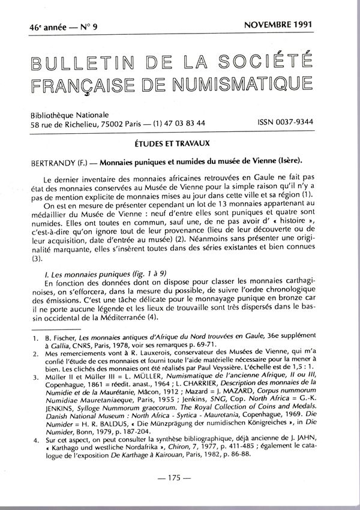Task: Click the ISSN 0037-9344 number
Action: (x=286, y=122)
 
